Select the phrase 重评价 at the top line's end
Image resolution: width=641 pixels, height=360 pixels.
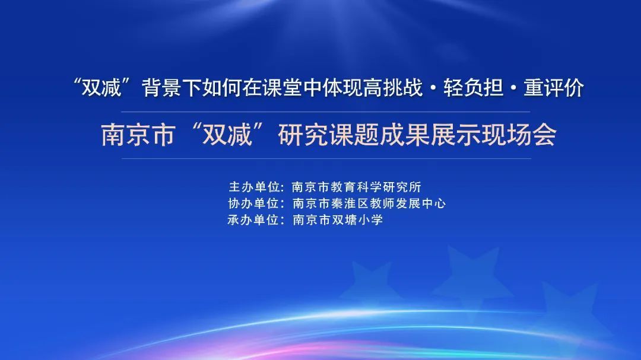click(554, 88)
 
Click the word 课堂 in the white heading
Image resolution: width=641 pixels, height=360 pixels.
click(282, 88)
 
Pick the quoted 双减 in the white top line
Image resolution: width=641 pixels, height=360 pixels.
click(102, 88)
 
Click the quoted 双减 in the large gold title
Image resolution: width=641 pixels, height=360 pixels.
click(227, 135)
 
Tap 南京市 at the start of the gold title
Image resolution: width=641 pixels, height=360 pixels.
click(138, 135)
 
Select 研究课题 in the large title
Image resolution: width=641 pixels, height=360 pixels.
click(328, 135)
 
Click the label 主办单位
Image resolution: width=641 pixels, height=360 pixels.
click(254, 187)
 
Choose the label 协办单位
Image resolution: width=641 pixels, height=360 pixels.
click(254, 203)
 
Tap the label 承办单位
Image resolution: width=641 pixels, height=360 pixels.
click(254, 220)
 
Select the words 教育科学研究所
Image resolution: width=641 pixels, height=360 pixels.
click(376, 187)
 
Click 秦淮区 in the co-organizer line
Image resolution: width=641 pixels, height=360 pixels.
click(350, 203)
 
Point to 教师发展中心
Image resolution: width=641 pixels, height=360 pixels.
click(408, 203)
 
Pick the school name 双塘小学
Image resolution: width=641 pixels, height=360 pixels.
click(357, 220)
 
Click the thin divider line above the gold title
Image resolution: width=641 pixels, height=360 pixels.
click(326, 111)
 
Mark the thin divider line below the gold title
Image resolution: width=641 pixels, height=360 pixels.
click(326, 158)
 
